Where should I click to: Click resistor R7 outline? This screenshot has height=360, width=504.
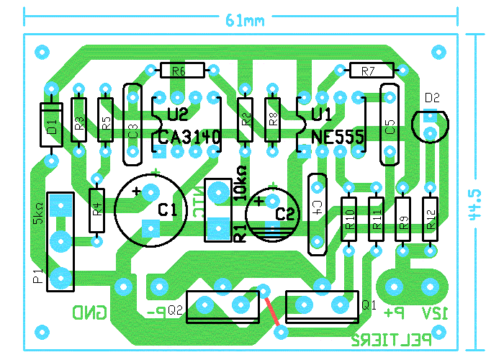click(370, 71)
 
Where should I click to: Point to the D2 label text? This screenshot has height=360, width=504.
click(432, 97)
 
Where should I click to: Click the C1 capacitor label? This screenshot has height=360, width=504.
click(167, 210)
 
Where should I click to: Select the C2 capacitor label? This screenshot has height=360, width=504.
click(286, 214)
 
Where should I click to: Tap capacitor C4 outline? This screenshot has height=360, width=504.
click(316, 214)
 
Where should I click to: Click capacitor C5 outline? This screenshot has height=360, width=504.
click(389, 125)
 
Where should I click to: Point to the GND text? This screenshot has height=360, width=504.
click(89, 312)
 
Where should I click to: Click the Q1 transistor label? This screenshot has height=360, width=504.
click(369, 305)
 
